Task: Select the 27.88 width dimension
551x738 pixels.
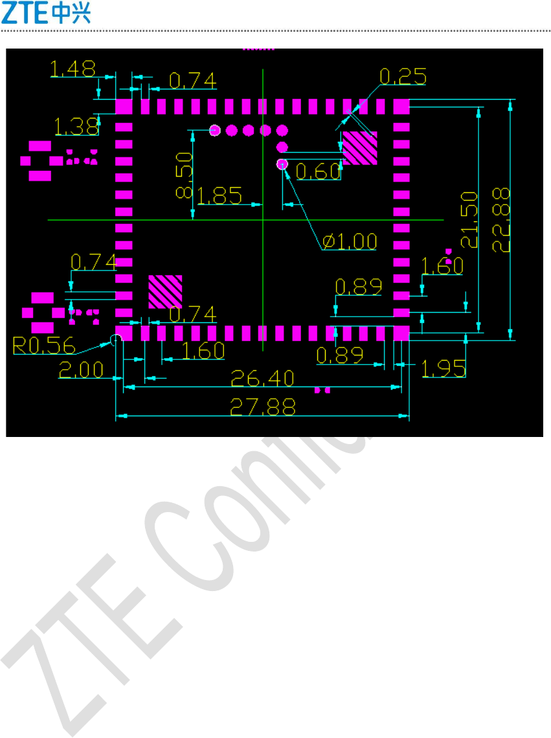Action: coord(264,407)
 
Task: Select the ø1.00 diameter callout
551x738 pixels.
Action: coord(350,241)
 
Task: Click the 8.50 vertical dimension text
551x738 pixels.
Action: coord(184,174)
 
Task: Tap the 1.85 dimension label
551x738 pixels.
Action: coord(219,195)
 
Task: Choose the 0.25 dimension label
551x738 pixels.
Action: coord(403,77)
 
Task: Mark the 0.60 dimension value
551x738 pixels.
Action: coord(318,172)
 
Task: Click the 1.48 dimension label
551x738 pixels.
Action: coord(73,68)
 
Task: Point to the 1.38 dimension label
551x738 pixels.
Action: coord(76,126)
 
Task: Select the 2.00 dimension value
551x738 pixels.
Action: coord(81,370)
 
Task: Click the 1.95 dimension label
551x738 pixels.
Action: coord(444,368)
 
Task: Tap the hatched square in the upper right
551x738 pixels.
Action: coord(359,148)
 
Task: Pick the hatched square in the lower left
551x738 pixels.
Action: coord(165,292)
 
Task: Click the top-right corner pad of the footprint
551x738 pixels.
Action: coord(401,106)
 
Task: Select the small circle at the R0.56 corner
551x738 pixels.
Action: coord(117,339)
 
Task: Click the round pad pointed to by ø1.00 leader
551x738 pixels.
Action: coord(282,164)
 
